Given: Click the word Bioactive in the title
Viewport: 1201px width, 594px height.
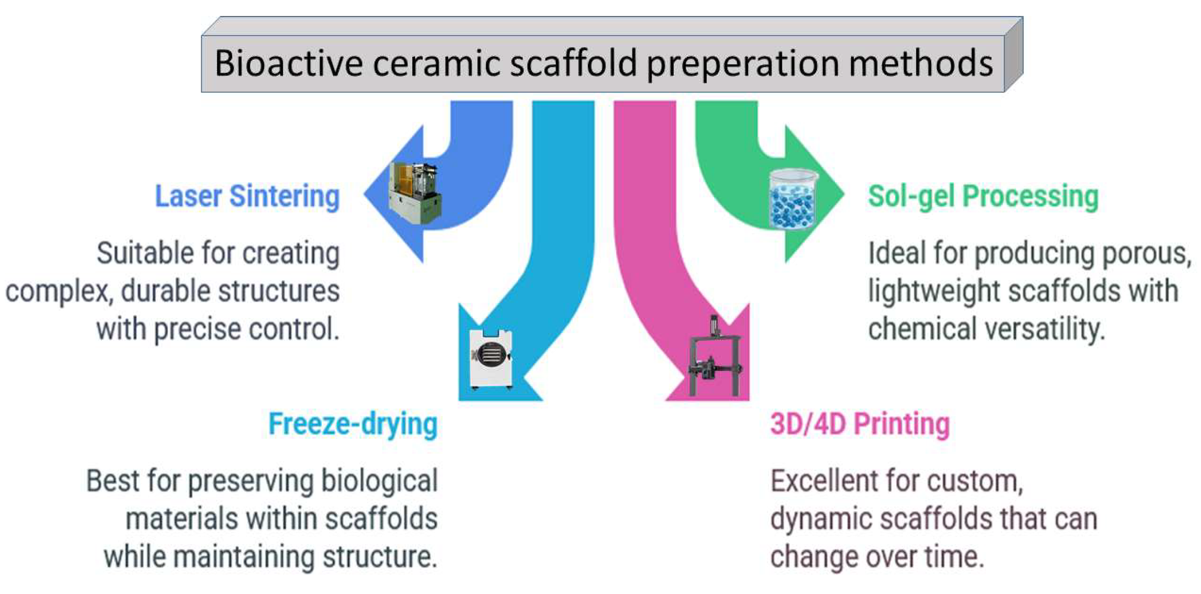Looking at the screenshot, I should tap(288, 63).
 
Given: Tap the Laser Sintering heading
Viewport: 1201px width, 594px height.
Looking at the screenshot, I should tap(247, 196).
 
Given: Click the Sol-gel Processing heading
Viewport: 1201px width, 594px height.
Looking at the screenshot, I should tap(983, 196).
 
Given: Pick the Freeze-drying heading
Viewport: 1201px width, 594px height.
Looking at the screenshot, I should tap(353, 424).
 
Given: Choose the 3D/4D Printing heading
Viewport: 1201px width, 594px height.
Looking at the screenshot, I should tap(860, 424).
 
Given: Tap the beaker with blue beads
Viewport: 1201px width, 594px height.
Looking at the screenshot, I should tap(793, 199).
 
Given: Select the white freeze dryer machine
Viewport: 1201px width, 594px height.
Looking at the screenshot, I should tap(491, 359).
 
